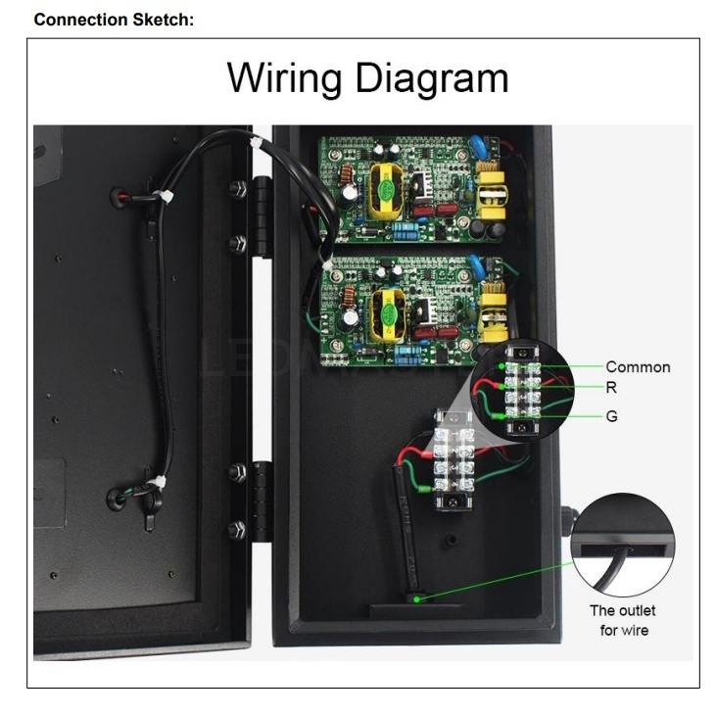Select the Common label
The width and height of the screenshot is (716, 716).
pyautogui.click(x=638, y=367)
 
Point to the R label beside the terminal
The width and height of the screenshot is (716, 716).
pyautogui.click(x=611, y=388)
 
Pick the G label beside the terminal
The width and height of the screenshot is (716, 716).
pyautogui.click(x=612, y=416)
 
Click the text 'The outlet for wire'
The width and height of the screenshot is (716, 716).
pyautogui.click(x=616, y=619)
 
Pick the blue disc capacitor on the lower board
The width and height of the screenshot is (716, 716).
pyautogui.click(x=477, y=264)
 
